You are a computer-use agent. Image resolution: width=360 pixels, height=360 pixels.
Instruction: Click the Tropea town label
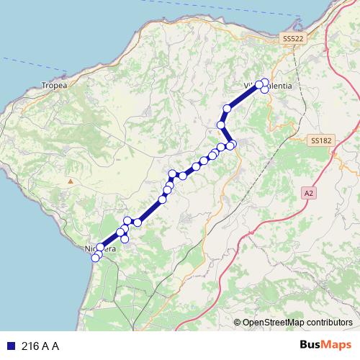(x=54, y=85)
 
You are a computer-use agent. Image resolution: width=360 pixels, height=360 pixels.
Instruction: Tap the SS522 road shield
(x=293, y=37)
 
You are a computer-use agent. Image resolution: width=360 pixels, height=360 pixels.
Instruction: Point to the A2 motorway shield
(x=309, y=193)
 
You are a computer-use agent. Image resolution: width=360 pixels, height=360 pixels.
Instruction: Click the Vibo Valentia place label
(x=269, y=86)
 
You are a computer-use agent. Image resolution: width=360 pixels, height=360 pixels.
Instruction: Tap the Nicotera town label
(x=100, y=249)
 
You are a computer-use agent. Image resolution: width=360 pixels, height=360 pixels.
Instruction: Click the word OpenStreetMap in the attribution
(x=274, y=323)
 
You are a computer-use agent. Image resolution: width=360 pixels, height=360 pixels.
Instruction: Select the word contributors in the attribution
(x=330, y=323)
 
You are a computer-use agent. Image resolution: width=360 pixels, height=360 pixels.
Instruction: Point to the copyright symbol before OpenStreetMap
(x=237, y=323)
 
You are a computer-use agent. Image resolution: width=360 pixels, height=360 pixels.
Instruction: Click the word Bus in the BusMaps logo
(x=311, y=346)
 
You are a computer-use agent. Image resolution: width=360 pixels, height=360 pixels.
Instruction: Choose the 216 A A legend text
(x=40, y=346)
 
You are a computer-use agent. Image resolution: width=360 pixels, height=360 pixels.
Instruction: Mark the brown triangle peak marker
(x=71, y=181)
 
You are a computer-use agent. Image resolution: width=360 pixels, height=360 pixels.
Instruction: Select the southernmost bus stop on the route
(x=96, y=258)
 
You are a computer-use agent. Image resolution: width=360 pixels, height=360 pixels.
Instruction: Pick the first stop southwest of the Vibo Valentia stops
(x=228, y=109)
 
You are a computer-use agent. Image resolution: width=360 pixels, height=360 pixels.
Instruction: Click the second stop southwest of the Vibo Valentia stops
(x=221, y=125)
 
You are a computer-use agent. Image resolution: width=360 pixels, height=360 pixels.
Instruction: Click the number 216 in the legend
(x=30, y=346)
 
